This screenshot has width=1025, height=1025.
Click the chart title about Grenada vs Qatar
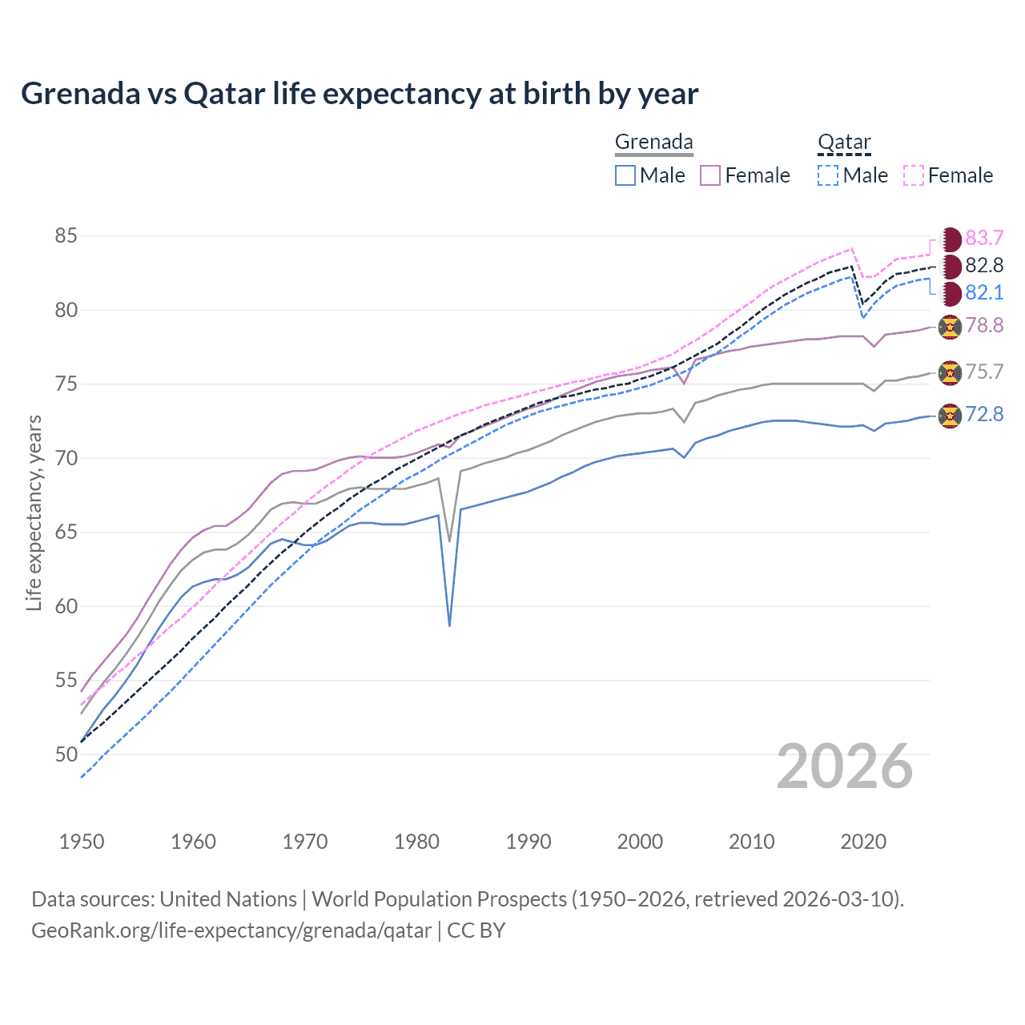click(360, 94)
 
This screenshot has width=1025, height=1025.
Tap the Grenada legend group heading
click(653, 143)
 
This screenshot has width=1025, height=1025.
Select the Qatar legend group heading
click(844, 143)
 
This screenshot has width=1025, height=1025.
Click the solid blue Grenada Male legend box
click(625, 175)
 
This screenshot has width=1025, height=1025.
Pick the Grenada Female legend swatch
click(710, 175)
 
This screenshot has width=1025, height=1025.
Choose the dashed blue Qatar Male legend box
click(828, 175)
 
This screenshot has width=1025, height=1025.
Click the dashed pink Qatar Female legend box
click(914, 175)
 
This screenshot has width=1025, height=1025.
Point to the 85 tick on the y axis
click(66, 236)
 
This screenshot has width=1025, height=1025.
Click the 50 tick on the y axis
click(66, 754)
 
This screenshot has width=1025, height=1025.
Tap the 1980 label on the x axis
click(417, 842)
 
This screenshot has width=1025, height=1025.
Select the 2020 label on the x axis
click(863, 842)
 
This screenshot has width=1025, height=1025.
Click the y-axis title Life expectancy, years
click(34, 512)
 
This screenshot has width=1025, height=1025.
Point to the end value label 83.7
click(984, 238)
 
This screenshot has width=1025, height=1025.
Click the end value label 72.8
click(984, 414)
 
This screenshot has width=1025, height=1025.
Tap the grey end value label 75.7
click(984, 372)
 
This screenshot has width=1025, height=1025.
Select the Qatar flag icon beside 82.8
click(951, 266)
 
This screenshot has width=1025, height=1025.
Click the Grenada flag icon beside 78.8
click(950, 326)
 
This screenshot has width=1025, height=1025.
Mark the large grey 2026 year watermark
click(845, 767)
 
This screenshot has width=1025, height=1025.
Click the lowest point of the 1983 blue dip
click(449, 625)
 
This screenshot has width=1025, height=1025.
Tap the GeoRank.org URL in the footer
click(231, 931)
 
